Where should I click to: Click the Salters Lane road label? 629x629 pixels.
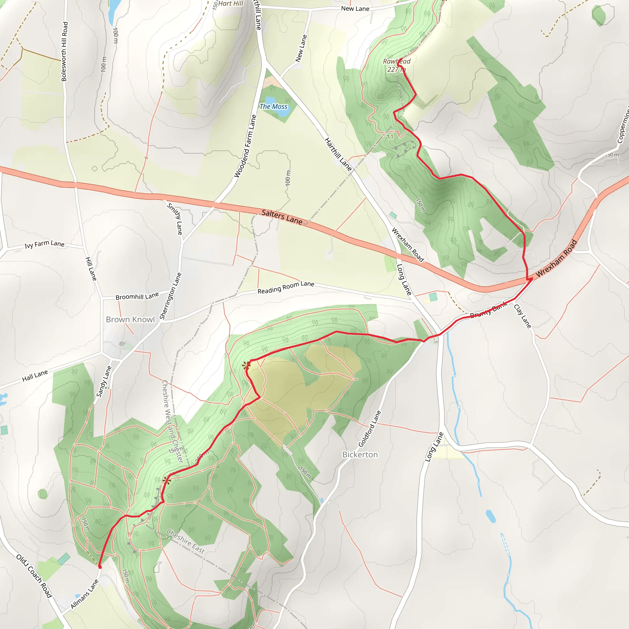(x=282, y=217)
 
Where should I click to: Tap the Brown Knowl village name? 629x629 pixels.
(x=130, y=319)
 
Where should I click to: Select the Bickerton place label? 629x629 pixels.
(x=360, y=455)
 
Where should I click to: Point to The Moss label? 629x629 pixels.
(x=273, y=107)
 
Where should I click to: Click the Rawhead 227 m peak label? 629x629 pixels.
(x=396, y=65)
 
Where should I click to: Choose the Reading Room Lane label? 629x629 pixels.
(x=286, y=287)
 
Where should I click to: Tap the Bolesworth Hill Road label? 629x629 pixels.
(x=64, y=51)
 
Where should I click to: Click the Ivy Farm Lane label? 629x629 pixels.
(x=45, y=244)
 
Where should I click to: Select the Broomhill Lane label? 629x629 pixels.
(x=137, y=296)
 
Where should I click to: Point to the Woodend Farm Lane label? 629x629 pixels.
(x=245, y=146)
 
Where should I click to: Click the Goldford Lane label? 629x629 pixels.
(x=369, y=428)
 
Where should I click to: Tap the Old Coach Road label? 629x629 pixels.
(x=34, y=576)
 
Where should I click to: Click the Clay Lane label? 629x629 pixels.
(x=522, y=316)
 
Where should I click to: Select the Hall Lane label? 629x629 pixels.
(x=35, y=376)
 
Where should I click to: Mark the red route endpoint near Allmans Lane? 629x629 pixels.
(x=100, y=567)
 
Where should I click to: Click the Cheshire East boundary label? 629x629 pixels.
(x=186, y=541)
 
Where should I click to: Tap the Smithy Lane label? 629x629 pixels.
(x=175, y=219)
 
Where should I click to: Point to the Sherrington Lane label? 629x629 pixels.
(x=170, y=296)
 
